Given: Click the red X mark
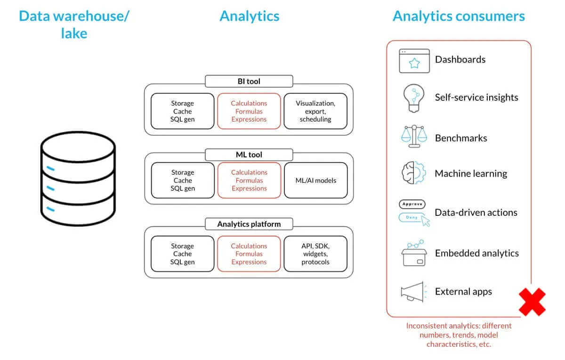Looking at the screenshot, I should tap(532, 302).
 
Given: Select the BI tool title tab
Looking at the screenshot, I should tap(249, 81).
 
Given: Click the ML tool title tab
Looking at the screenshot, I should tap(249, 155).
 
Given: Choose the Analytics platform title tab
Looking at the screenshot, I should tap(249, 224).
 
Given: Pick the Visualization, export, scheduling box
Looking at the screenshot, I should tap(315, 111).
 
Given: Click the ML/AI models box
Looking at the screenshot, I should tap(315, 180).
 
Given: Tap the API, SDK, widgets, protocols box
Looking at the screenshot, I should tap(315, 254).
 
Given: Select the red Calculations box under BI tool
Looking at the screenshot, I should tap(249, 111).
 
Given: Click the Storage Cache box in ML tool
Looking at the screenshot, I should tap(182, 180).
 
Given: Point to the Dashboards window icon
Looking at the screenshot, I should tap(414, 61).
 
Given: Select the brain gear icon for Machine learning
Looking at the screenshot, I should tap(413, 173).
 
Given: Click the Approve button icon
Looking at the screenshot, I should tap(412, 205).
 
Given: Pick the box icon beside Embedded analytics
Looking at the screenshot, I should tap(414, 254).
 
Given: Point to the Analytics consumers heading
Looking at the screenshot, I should tap(459, 16).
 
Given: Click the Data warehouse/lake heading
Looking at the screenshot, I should tap(74, 25).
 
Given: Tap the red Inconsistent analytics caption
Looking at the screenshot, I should tap(459, 335).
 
